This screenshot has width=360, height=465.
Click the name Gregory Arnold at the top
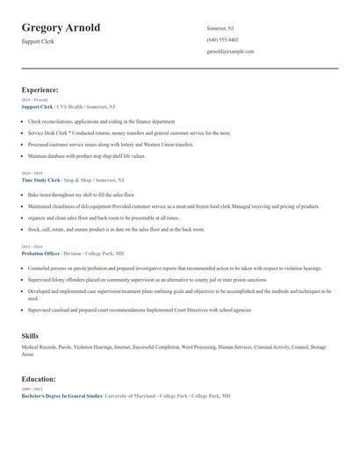[x=61, y=27]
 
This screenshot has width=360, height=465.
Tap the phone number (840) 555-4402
[x=222, y=39]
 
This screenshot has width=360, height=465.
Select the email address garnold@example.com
[x=230, y=51]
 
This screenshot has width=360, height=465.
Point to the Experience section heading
[x=40, y=89]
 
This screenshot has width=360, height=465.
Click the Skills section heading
[x=30, y=336]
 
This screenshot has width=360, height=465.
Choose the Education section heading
[x=39, y=379]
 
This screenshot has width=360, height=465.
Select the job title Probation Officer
[x=40, y=253]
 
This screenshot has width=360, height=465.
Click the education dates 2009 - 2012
[x=31, y=390]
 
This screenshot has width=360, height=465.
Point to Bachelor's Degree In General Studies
[x=61, y=396]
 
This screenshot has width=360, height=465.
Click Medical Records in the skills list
[x=39, y=347]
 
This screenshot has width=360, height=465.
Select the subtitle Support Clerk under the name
[x=38, y=41]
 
